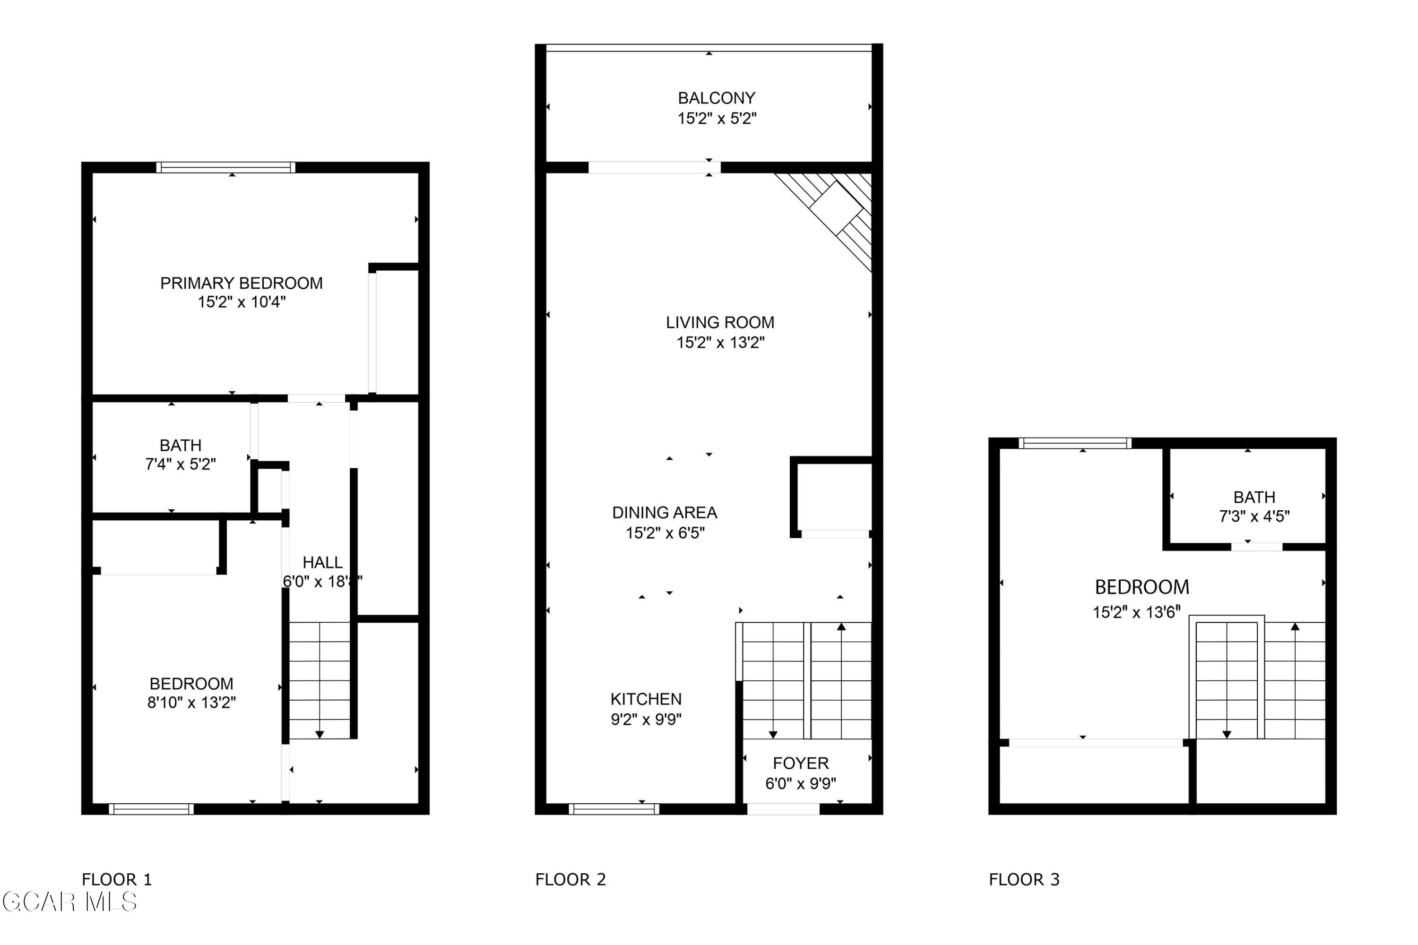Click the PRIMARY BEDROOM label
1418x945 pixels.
click(241, 283)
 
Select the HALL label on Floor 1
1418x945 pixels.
click(322, 562)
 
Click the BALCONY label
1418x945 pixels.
click(716, 98)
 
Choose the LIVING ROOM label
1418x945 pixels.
click(720, 322)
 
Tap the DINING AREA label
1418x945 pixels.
click(665, 513)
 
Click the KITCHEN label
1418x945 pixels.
click(646, 699)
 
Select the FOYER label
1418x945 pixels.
click(801, 763)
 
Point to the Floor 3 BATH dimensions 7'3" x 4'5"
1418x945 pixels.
click(1254, 516)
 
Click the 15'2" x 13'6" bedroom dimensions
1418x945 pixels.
click(1136, 612)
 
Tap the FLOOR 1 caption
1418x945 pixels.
click(117, 879)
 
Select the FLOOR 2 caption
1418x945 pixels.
click(571, 879)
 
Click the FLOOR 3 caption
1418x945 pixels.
click(1024, 879)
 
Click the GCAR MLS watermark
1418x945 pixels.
click(69, 902)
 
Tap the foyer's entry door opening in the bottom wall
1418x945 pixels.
click(783, 809)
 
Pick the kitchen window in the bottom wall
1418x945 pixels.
click(614, 809)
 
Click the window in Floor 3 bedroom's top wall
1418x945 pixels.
click(1074, 444)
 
